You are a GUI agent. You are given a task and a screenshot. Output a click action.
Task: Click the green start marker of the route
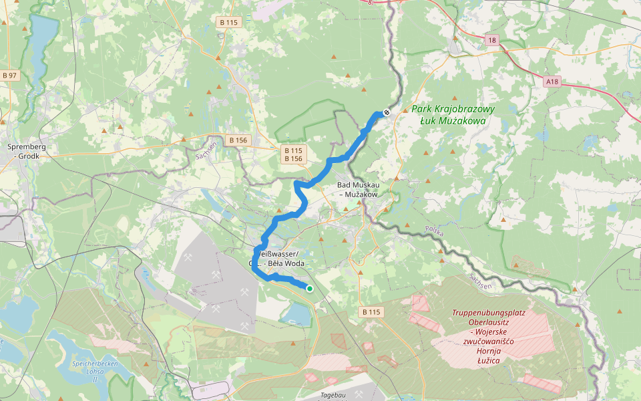(x=310, y=288)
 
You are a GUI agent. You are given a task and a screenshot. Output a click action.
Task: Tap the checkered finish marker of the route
(x=386, y=112)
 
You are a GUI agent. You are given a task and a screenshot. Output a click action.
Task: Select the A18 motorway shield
(x=552, y=82)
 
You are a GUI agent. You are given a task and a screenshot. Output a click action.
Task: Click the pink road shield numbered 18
(x=492, y=41)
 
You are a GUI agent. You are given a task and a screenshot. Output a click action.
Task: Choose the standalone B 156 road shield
(x=237, y=140)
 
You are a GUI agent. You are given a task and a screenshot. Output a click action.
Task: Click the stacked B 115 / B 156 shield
(x=292, y=154)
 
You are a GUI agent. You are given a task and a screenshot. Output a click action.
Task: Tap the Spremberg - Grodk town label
(x=25, y=150)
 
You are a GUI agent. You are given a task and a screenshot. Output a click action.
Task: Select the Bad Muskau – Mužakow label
(x=358, y=189)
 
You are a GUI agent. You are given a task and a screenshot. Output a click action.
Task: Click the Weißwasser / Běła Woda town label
(x=277, y=258)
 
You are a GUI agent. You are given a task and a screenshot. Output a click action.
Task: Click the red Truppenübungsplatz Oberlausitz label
(x=488, y=336)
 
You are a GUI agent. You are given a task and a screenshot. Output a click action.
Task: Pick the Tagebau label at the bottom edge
(x=334, y=396)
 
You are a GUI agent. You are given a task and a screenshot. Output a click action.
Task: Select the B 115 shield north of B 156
(x=228, y=22)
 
